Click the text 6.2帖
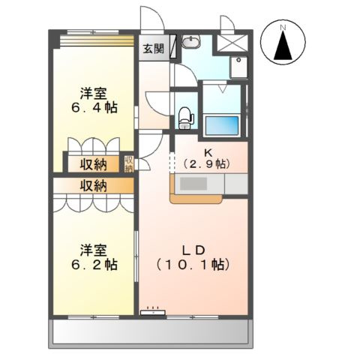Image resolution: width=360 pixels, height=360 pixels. click(94, 265)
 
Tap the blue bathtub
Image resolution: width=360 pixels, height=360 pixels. click(221, 123)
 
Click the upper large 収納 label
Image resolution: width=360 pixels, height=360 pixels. click(94, 164)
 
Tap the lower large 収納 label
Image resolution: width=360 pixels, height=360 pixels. click(94, 185)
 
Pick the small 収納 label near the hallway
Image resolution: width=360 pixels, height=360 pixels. click(129, 163)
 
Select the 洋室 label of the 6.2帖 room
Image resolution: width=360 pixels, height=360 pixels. click(94, 250)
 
